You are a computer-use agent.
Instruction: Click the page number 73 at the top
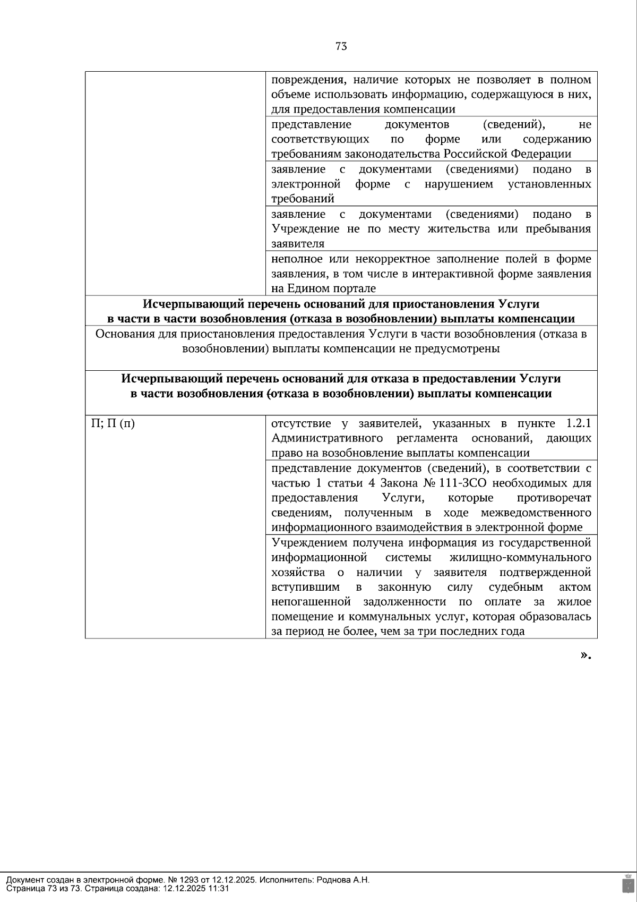tap(341, 46)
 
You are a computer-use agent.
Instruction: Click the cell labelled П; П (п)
tap(113, 424)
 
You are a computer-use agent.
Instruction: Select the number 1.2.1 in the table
tap(579, 424)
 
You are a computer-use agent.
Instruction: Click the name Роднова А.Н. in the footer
tap(343, 880)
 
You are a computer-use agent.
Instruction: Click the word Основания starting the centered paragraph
tap(124, 334)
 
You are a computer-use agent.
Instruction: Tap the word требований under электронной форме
tap(303, 199)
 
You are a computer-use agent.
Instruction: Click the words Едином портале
tap(331, 288)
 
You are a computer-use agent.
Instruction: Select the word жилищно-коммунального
tap(520, 558)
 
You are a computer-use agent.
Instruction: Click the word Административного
tap(327, 439)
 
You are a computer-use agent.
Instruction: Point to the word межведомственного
tap(536, 513)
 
